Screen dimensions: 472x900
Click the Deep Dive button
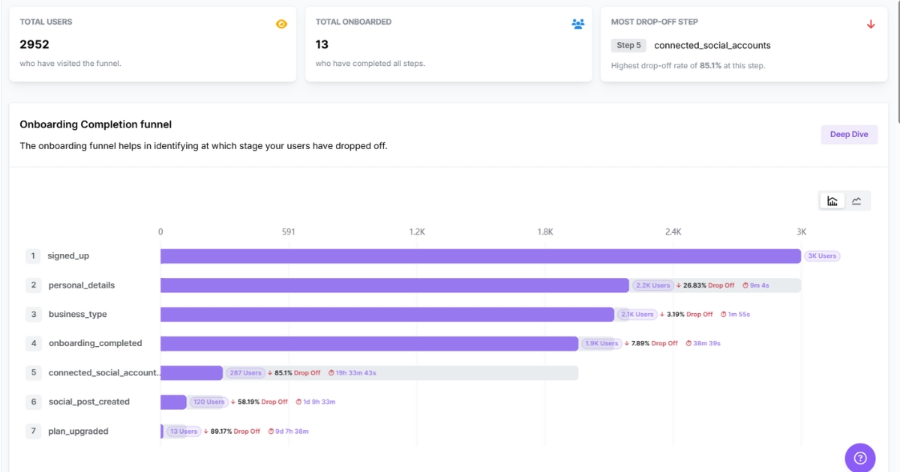pos(849,135)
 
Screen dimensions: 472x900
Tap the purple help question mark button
pos(860,458)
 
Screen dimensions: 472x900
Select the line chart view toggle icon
pos(856,201)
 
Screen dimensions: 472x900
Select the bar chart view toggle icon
pos(832,201)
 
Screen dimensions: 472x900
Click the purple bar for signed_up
pos(480,256)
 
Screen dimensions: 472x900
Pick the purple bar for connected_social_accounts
pos(191,373)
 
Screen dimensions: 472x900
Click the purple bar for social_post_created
pos(173,402)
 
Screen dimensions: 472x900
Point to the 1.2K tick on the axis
pos(417,232)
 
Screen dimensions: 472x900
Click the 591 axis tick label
pos(289,232)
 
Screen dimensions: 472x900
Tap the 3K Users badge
pos(821,256)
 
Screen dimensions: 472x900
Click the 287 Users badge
pos(246,373)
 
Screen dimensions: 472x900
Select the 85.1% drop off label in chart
pos(293,373)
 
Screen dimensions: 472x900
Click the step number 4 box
pos(33,343)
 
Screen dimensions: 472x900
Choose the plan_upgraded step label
pos(78,432)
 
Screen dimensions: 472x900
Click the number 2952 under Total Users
pos(34,45)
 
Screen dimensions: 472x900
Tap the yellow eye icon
pos(281,24)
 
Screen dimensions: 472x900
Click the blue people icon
pos(577,24)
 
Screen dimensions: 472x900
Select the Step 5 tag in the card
pos(628,46)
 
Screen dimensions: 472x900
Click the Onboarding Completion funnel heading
pos(96,124)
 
